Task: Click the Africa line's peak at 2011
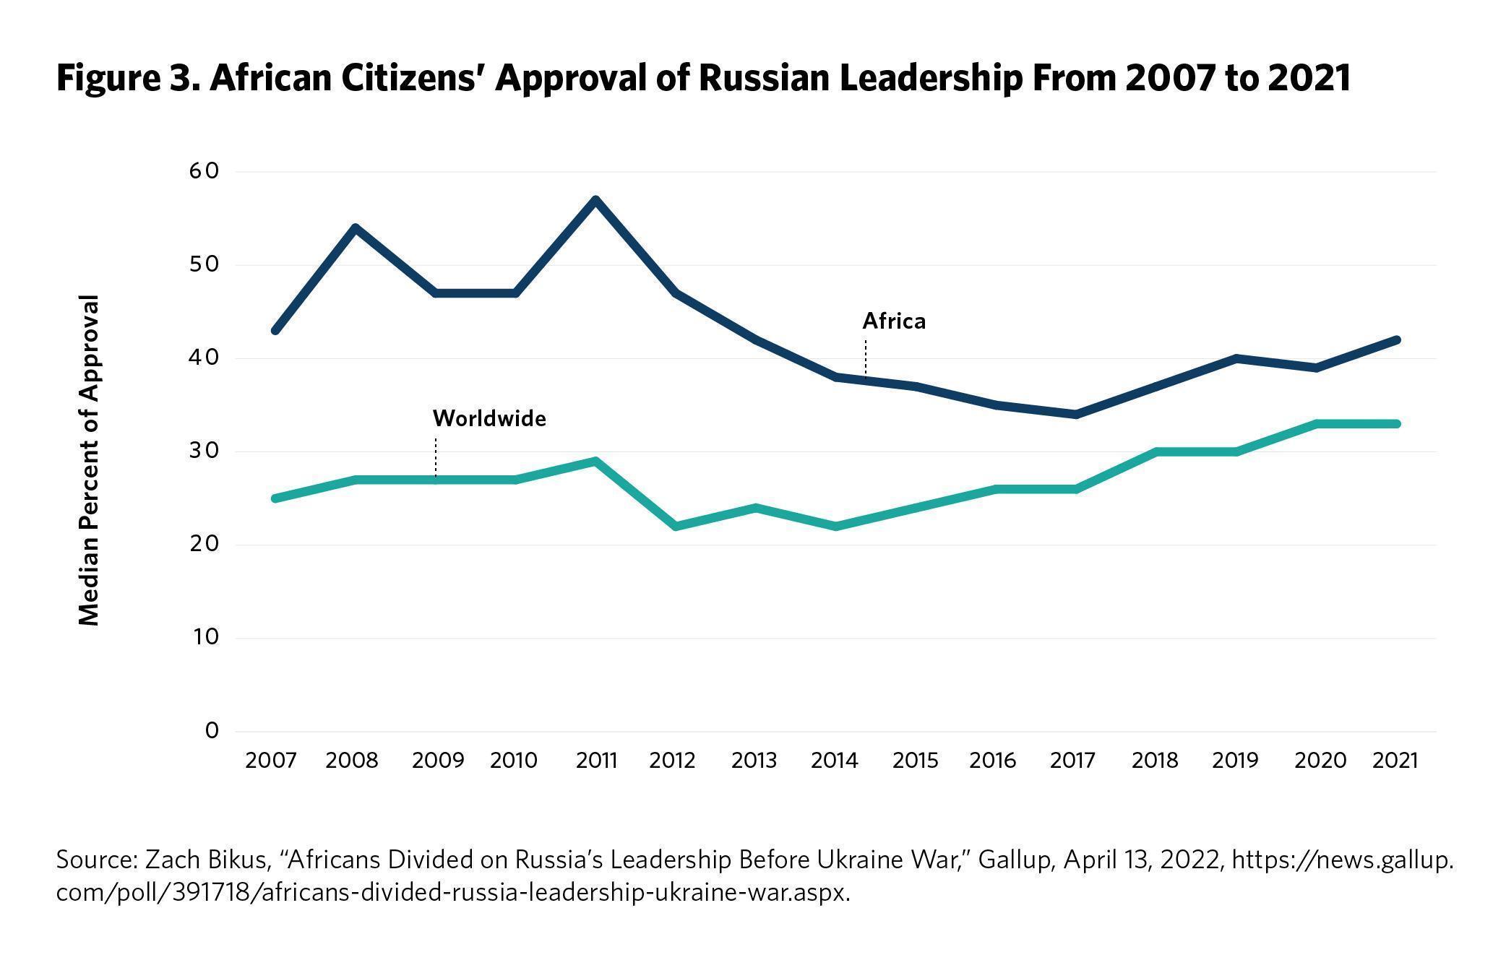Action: pos(595,200)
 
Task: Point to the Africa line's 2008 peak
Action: pos(355,228)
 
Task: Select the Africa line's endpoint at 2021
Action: pos(1396,340)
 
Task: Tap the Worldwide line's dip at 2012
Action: pos(676,526)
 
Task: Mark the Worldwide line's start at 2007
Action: pos(275,498)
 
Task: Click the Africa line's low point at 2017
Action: pos(1076,415)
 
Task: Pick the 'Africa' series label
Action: pos(894,321)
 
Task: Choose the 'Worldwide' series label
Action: pos(489,419)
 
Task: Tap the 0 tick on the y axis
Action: pos(212,731)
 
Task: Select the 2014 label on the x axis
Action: pos(835,761)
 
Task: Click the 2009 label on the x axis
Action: pos(438,761)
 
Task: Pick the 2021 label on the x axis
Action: pos(1395,761)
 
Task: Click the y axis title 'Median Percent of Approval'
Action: pos(89,459)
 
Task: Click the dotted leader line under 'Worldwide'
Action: pos(436,457)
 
